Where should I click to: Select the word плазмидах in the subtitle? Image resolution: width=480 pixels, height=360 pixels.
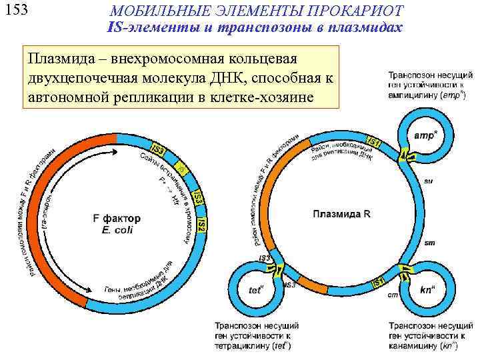[364, 27]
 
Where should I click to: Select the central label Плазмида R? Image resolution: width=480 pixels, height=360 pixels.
[339, 214]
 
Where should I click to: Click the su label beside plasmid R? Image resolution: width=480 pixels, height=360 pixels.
[428, 181]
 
